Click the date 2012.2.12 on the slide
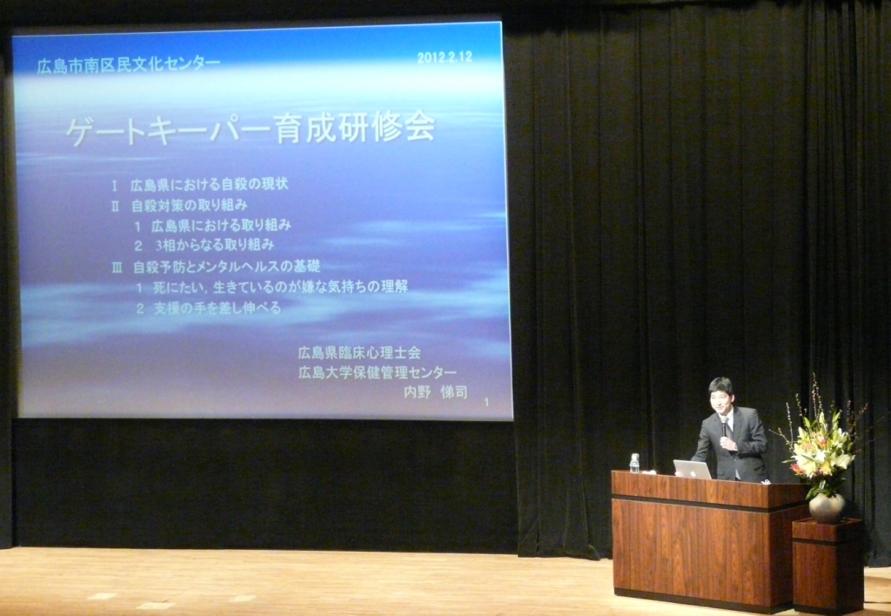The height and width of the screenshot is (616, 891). point(445,57)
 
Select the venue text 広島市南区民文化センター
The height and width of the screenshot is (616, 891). point(129,64)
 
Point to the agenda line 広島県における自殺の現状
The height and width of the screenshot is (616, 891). point(209,184)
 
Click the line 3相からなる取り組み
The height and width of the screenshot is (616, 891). point(215,245)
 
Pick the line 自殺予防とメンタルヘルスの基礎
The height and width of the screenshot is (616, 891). point(226,266)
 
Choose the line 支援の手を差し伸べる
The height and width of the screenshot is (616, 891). point(217,308)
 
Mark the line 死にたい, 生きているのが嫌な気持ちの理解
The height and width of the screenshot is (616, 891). point(280,287)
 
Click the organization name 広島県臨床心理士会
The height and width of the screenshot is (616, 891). point(359,353)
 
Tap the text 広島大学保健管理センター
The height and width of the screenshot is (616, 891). point(378,372)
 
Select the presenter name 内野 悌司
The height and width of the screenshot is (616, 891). point(435,392)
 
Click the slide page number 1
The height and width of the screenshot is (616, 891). point(486,402)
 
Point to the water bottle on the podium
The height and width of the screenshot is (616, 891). point(634,463)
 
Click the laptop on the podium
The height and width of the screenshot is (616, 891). point(693,469)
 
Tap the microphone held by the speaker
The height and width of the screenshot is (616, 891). point(725,427)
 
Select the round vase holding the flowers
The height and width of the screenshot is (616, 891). point(827,507)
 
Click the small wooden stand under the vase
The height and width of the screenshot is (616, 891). point(828,565)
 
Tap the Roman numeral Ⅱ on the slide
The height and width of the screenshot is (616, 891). point(116,205)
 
